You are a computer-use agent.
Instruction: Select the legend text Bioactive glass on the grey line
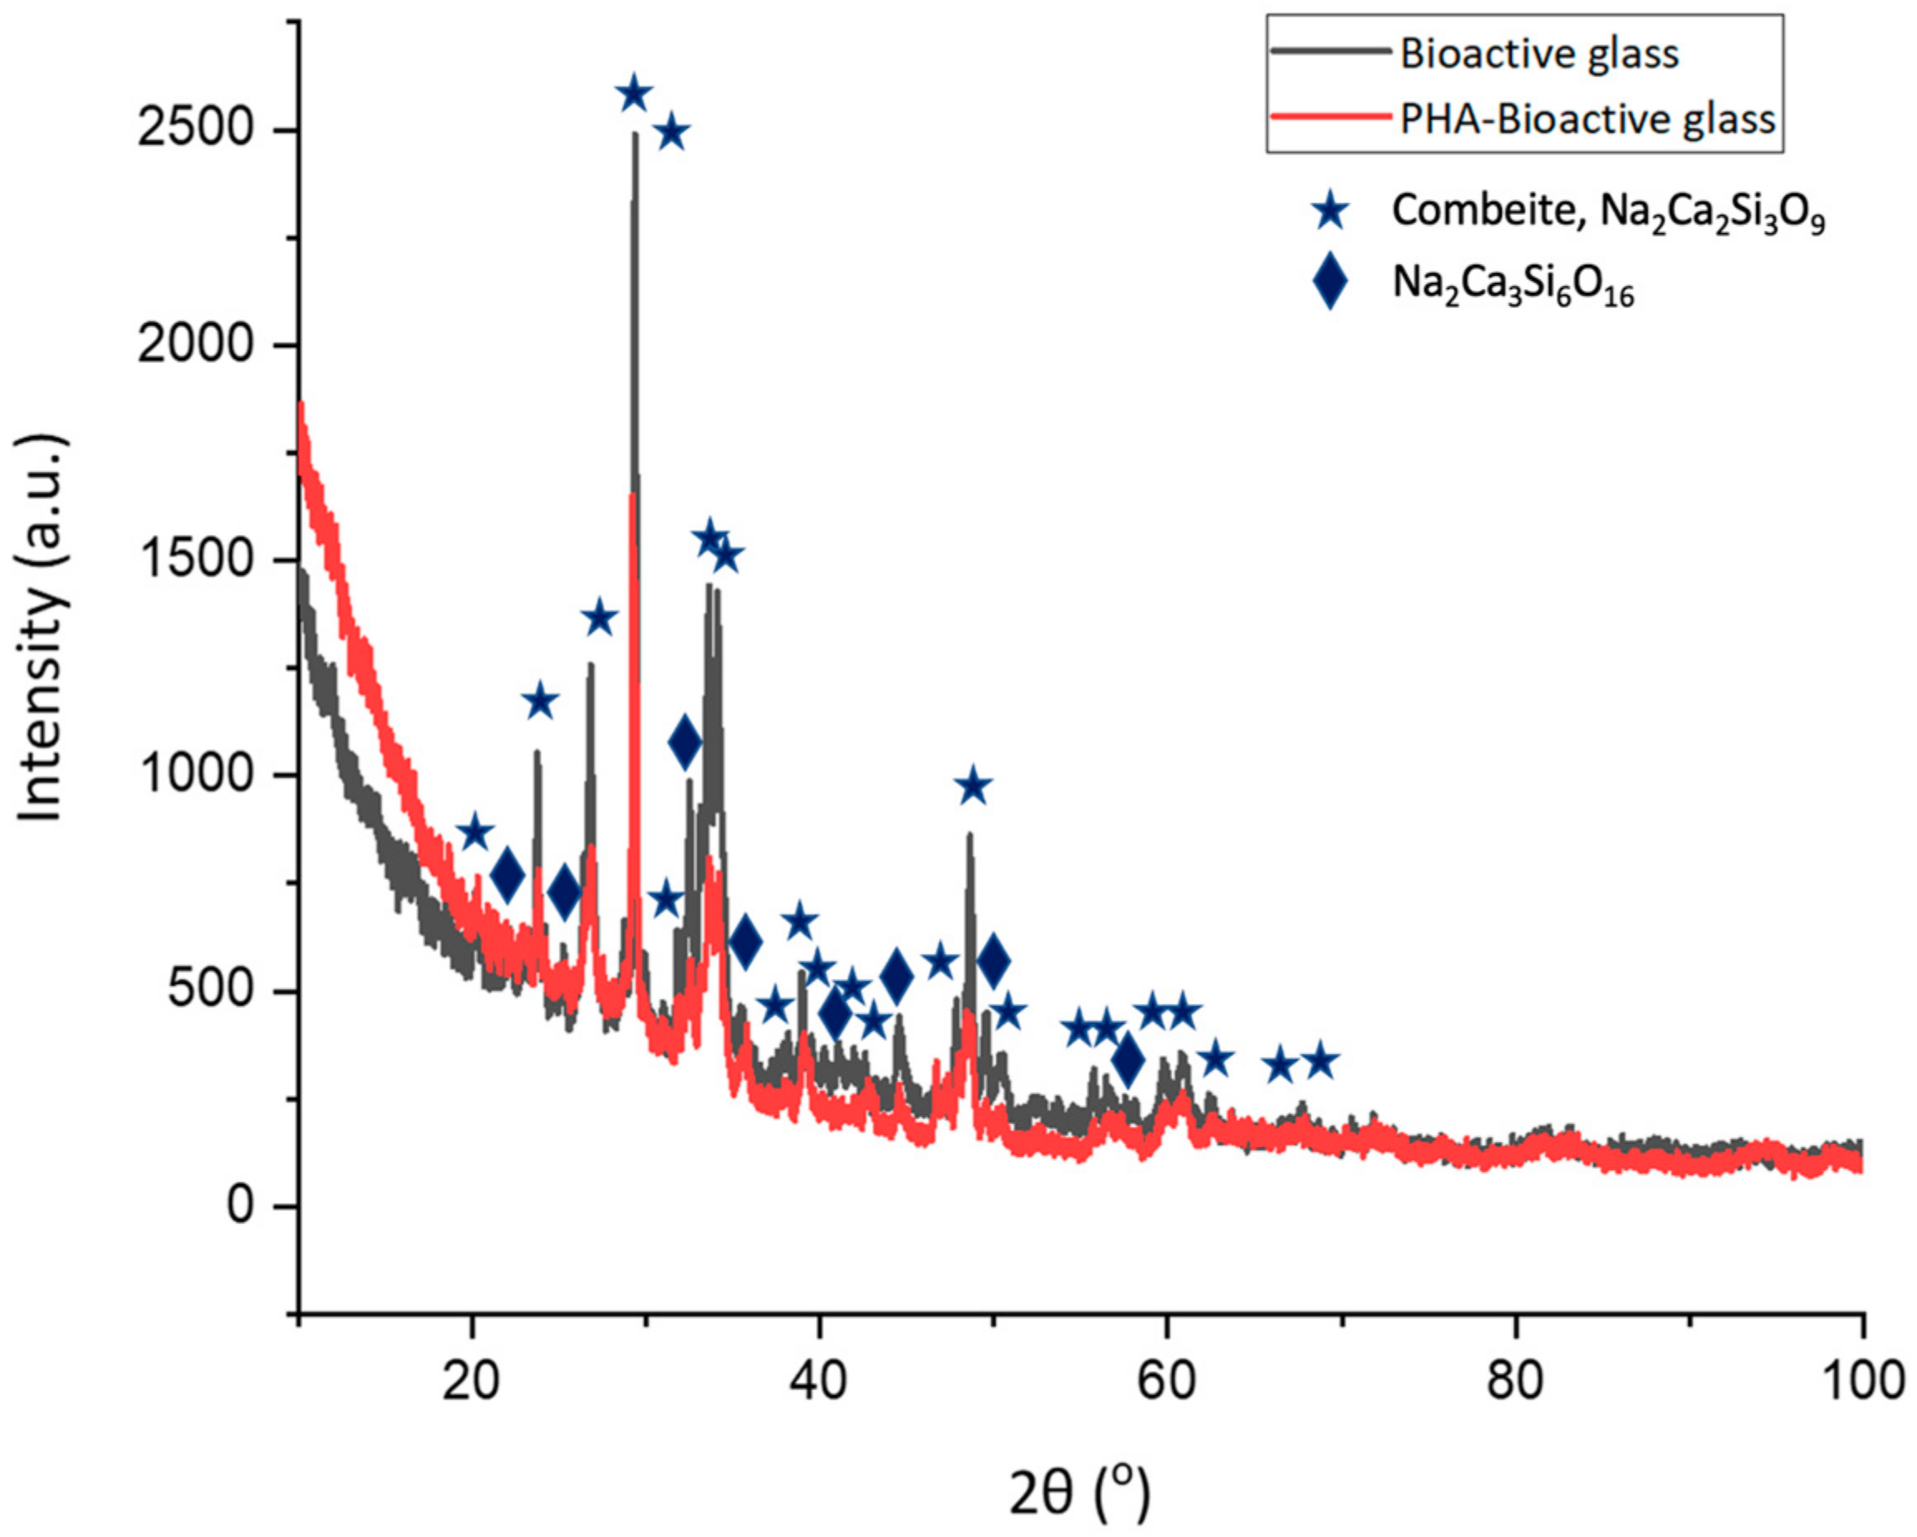click(1539, 54)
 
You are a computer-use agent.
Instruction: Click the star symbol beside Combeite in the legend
click(1331, 213)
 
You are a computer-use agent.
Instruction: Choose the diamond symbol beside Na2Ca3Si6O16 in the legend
click(1330, 281)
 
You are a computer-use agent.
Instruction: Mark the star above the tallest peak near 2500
click(634, 93)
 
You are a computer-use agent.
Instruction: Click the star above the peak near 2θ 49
click(973, 786)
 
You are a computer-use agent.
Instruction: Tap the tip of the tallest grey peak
click(635, 135)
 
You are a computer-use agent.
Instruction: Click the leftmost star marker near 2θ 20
click(475, 833)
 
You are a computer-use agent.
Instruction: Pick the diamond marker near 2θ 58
click(1129, 1060)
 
